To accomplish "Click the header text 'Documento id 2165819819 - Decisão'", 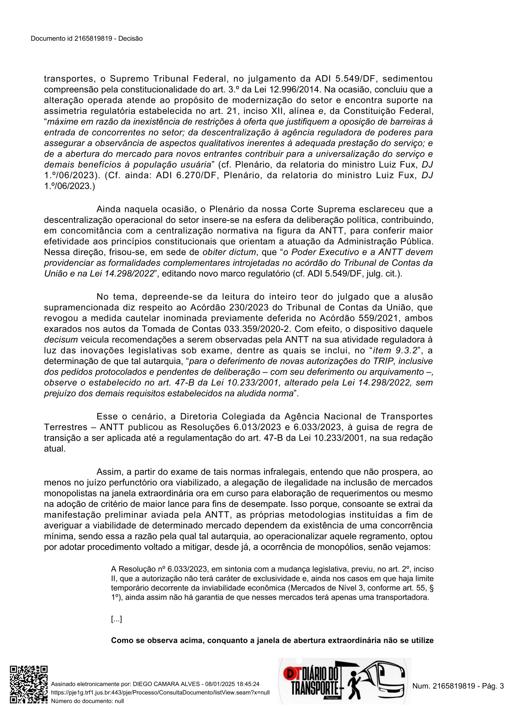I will [87, 39].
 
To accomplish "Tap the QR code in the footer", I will [28, 684].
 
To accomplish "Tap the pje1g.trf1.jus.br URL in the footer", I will [160, 692].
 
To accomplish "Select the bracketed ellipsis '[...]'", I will [116, 619].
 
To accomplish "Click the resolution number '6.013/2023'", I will [257, 427].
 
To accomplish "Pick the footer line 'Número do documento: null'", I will [87, 701].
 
